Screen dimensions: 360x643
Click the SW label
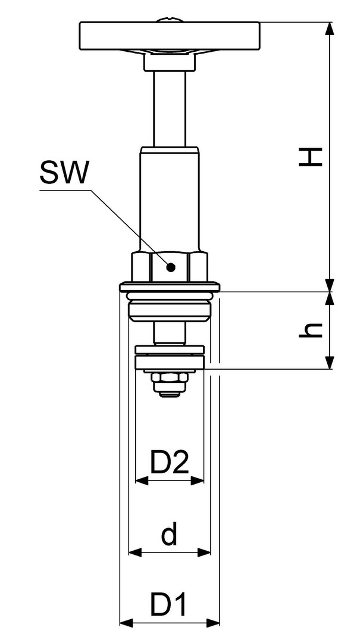point(64,172)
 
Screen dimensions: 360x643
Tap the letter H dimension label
point(311,157)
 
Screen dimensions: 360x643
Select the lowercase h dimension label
point(311,330)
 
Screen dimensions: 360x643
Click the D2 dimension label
point(170,462)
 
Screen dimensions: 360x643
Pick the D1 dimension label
point(168,604)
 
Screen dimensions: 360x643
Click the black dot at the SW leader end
point(171,267)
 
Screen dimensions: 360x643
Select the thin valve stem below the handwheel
point(170,109)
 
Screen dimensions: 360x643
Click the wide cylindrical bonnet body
point(170,199)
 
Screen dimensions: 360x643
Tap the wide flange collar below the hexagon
point(170,286)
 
